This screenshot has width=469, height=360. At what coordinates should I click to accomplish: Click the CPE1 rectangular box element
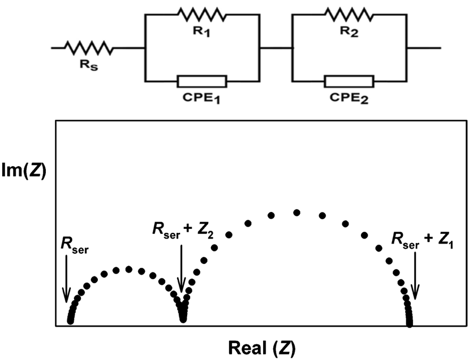(202, 81)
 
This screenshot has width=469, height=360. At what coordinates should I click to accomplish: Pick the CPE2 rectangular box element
(349, 81)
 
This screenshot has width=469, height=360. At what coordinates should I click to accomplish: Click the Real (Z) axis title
(261, 346)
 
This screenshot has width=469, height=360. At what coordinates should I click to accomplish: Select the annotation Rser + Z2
(182, 231)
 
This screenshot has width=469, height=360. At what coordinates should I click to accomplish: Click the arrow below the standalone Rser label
(66, 277)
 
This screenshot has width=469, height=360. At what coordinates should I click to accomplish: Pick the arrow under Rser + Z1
(415, 275)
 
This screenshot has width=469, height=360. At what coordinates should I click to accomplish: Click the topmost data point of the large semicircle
(296, 212)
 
